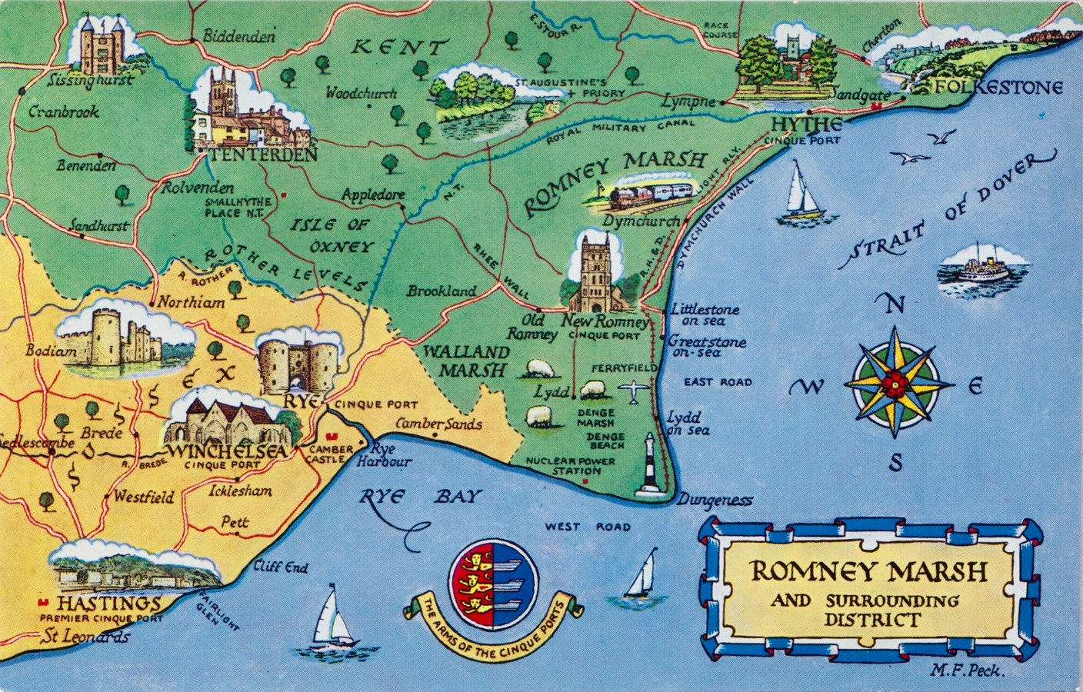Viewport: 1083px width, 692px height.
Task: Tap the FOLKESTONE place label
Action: coord(998,87)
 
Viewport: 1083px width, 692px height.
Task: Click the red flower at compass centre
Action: coord(893,382)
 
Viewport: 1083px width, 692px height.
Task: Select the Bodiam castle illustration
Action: coord(123,340)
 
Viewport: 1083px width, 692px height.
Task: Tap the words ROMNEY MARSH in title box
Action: coord(868,571)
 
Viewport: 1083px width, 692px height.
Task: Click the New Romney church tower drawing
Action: coord(596,271)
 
